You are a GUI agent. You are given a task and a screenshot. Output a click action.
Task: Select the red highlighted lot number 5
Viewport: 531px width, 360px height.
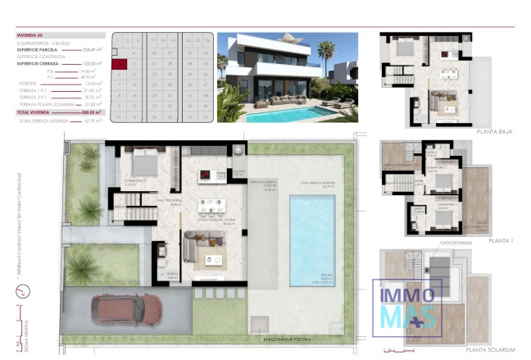(x=120, y=62)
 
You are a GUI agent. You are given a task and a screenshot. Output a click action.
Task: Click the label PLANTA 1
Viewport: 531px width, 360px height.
(x=501, y=240)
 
